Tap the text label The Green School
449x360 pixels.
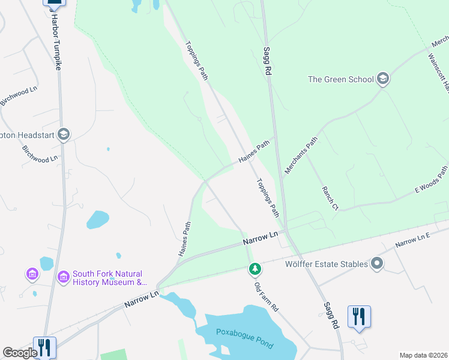pos(341,79)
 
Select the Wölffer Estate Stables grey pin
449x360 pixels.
pos(377,263)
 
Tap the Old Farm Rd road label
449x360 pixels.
pos(267,293)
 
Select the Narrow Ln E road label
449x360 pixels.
pos(412,242)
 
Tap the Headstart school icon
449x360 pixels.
pos(64,134)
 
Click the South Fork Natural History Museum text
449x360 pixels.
pos(109,278)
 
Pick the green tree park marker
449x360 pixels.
pos(255,269)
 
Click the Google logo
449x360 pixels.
pos(19,353)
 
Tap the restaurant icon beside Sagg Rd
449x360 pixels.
pos(359,316)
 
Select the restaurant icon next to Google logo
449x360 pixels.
pos(44,347)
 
